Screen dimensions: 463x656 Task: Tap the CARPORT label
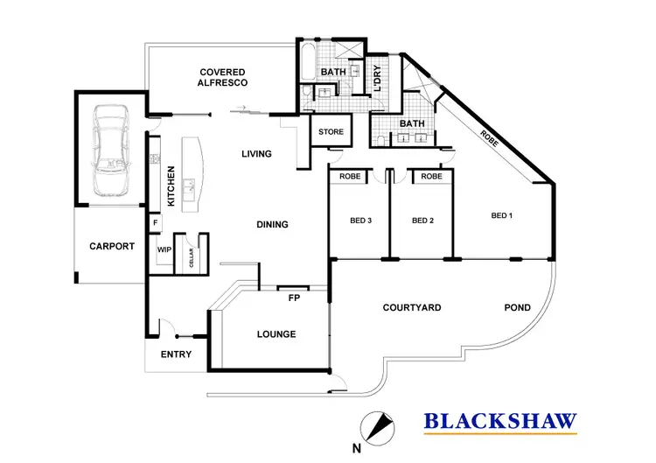point(112,247)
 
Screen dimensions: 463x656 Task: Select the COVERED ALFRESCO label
point(223,77)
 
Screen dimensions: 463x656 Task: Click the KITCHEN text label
point(171,186)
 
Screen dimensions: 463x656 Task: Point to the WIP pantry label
point(164,249)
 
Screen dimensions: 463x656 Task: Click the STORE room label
point(331,132)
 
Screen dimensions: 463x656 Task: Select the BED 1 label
point(500,215)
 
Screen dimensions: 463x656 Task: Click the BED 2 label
point(422,221)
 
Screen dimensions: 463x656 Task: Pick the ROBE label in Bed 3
point(350,176)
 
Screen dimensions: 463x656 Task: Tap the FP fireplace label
point(294,297)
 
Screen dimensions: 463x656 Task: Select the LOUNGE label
point(276,334)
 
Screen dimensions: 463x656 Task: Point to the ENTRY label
point(176,354)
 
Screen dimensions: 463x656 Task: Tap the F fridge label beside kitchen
point(156,224)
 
